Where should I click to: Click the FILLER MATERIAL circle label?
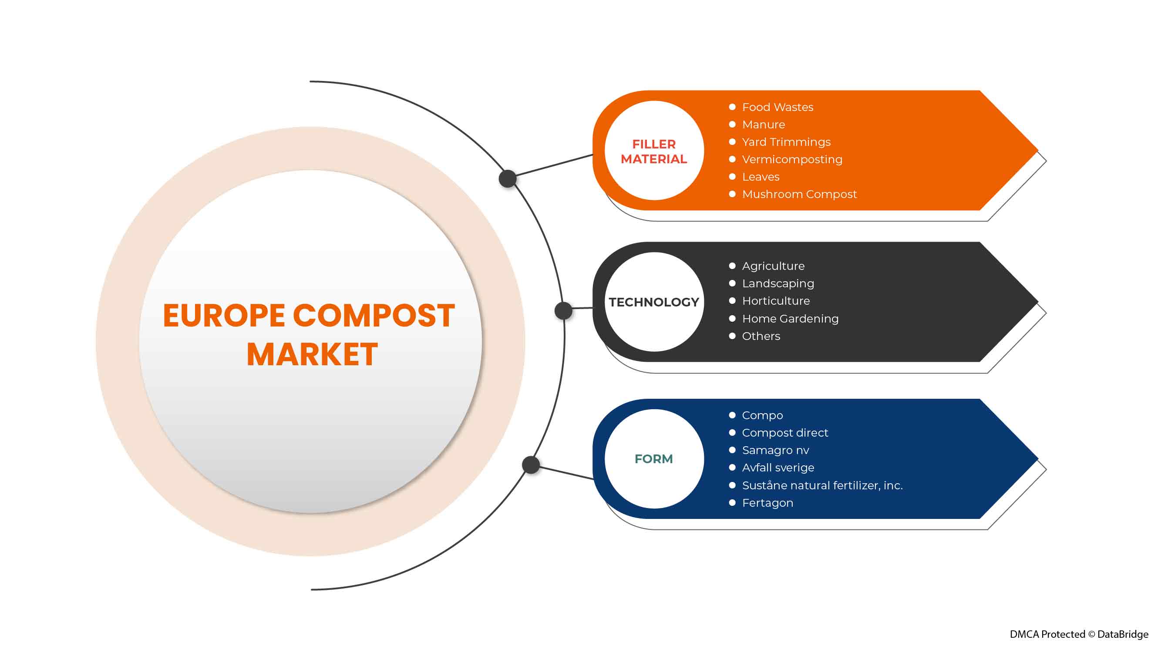point(653,151)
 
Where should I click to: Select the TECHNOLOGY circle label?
point(653,302)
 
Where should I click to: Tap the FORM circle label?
point(653,459)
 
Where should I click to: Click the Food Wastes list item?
point(777,107)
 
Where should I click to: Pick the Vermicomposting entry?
point(792,159)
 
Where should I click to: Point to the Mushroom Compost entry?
point(799,194)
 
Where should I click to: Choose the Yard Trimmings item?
point(786,142)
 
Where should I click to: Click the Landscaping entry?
point(778,283)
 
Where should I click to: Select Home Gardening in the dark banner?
point(790,319)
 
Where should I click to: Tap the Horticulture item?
point(776,301)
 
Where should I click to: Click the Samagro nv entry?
point(775,450)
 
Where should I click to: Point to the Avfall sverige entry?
point(778,468)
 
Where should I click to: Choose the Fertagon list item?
point(767,503)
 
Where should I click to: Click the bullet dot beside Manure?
point(732,125)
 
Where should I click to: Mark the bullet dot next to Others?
point(732,336)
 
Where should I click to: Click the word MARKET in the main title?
point(312,354)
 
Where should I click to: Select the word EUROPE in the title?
point(224,316)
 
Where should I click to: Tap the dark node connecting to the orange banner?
point(508,179)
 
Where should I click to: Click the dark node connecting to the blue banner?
point(531,465)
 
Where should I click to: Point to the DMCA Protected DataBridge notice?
point(1079,635)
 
